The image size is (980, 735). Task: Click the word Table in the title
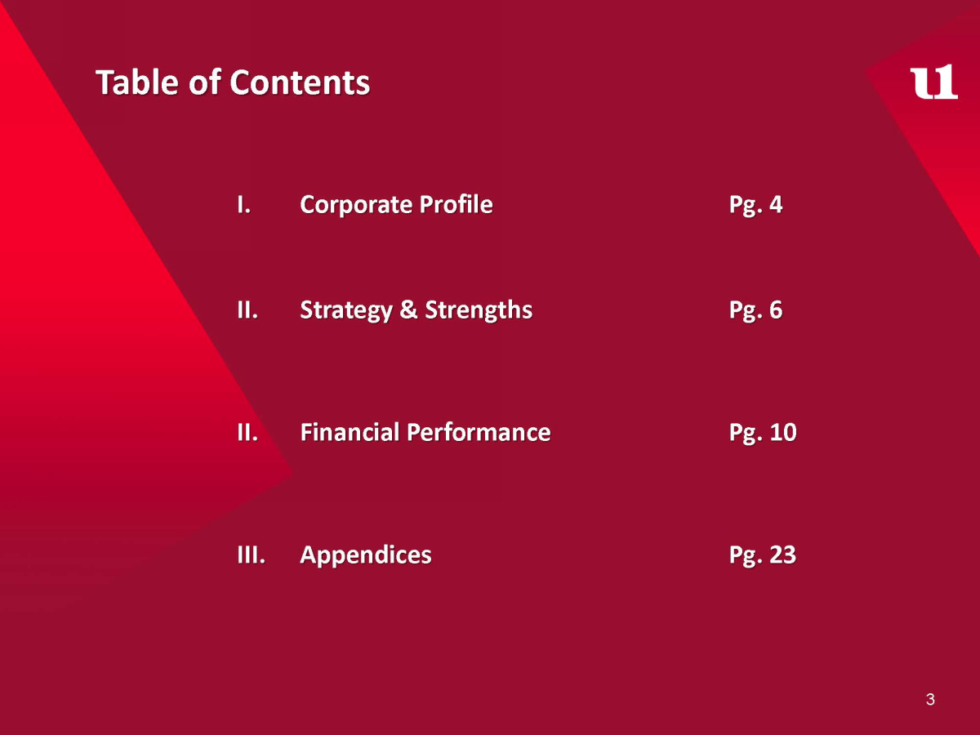(x=137, y=82)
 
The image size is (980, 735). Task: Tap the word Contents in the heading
(x=300, y=82)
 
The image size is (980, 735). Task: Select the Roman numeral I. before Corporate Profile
(x=243, y=204)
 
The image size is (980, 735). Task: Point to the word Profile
(x=456, y=204)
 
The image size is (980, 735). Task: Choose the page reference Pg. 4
(x=755, y=205)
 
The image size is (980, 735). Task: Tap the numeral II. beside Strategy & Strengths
(x=247, y=310)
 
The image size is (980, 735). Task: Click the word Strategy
(x=346, y=310)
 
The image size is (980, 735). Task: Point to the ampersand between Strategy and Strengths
(x=408, y=310)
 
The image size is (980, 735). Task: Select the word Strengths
(x=479, y=310)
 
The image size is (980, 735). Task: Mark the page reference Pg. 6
(x=755, y=310)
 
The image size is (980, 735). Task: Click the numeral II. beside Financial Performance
(x=247, y=432)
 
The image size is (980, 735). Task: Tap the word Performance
(x=479, y=432)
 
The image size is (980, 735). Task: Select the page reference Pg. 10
(x=763, y=433)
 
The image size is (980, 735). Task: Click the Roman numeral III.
(x=251, y=555)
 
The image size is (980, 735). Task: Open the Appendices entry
(x=366, y=555)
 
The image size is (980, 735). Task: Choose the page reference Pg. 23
(x=763, y=555)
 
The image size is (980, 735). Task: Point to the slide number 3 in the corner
(x=930, y=699)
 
